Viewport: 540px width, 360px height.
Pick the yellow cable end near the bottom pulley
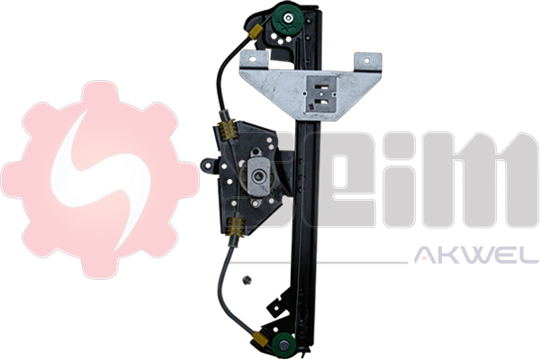[262, 340]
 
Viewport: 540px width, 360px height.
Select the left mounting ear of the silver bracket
[255, 58]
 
